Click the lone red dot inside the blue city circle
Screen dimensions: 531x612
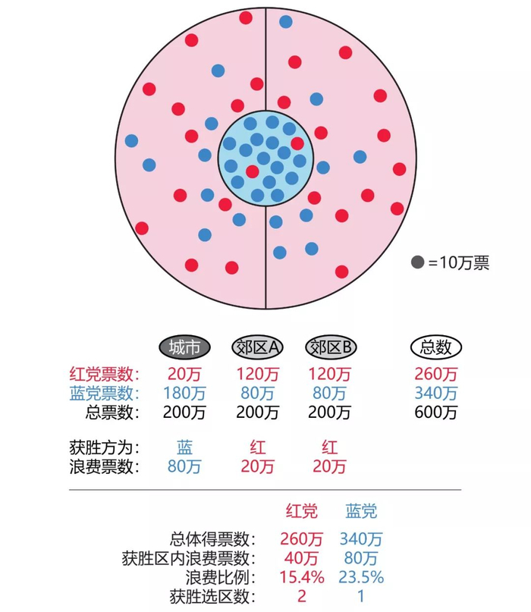tap(252, 171)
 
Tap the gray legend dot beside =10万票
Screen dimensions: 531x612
tap(417, 263)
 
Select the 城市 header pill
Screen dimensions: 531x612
tap(184, 347)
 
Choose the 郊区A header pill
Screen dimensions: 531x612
tap(257, 347)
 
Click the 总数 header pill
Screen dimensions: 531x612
tap(436, 347)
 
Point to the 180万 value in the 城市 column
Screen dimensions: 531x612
tap(184, 393)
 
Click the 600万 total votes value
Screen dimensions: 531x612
tap(436, 413)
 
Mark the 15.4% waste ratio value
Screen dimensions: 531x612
tap(301, 577)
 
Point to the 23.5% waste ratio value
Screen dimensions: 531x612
tap(361, 577)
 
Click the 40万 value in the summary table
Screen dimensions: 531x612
tap(301, 558)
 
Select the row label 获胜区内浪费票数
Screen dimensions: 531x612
tap(189, 558)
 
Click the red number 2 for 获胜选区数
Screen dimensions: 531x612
tap(301, 596)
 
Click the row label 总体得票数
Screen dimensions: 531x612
tap(213, 539)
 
